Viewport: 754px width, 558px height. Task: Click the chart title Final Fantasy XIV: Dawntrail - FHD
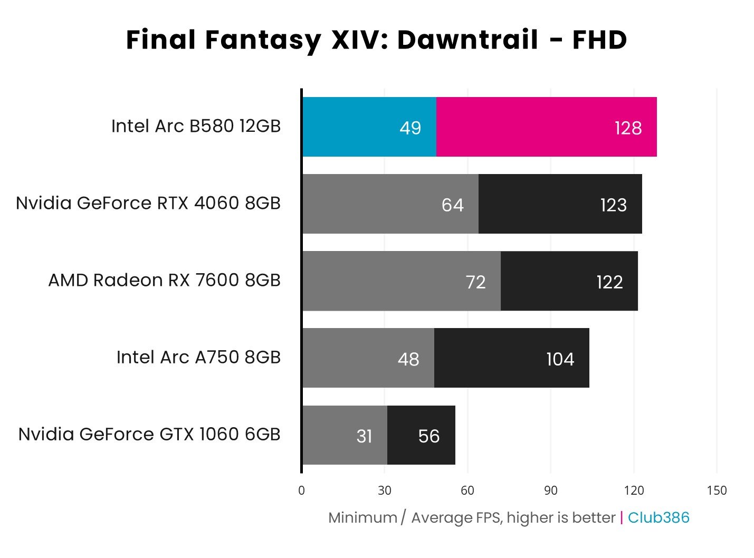(x=376, y=40)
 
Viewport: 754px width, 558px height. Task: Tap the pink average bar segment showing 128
(x=546, y=127)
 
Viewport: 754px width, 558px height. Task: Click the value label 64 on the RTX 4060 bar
(x=452, y=205)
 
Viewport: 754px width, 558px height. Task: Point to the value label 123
(x=613, y=205)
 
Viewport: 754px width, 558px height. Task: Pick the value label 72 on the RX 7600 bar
(x=475, y=282)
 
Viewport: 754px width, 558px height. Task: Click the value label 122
(x=609, y=282)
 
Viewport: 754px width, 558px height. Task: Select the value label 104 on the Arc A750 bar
(x=560, y=359)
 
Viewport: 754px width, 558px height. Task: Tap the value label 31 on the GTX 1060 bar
(x=364, y=436)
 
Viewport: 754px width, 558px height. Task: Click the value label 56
(x=428, y=436)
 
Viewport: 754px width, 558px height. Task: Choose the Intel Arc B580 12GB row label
(x=196, y=127)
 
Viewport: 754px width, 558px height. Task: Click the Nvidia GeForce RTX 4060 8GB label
(x=148, y=203)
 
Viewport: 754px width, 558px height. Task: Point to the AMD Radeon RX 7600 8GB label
(x=164, y=280)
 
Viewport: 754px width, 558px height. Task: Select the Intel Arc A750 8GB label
(x=198, y=358)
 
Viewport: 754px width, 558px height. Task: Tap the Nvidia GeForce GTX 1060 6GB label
(x=149, y=435)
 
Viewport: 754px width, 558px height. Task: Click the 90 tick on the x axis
(x=550, y=490)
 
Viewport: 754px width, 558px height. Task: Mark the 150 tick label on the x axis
(x=716, y=490)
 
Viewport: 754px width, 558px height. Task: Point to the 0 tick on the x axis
(x=301, y=490)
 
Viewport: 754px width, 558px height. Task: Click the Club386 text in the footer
(x=658, y=518)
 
